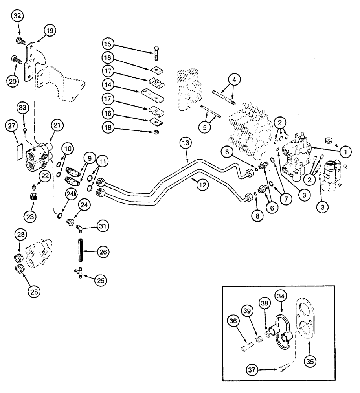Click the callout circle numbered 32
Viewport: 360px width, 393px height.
(x=17, y=17)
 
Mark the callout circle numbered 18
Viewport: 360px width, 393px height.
(x=110, y=128)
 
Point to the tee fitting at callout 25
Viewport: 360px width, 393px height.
(x=80, y=272)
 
